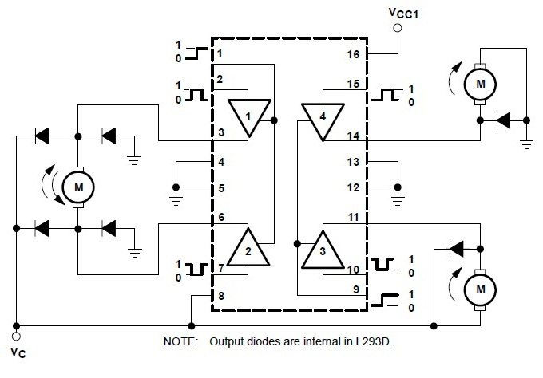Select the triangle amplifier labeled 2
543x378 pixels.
[x=248, y=249]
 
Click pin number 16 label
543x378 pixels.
[x=354, y=55]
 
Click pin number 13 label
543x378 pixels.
[x=354, y=162]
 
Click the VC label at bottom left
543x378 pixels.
[x=18, y=350]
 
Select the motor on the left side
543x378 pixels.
[x=78, y=187]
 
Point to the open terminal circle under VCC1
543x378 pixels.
[x=397, y=28]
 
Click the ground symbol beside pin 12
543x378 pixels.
[x=397, y=193]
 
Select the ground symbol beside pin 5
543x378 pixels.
[x=176, y=193]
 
